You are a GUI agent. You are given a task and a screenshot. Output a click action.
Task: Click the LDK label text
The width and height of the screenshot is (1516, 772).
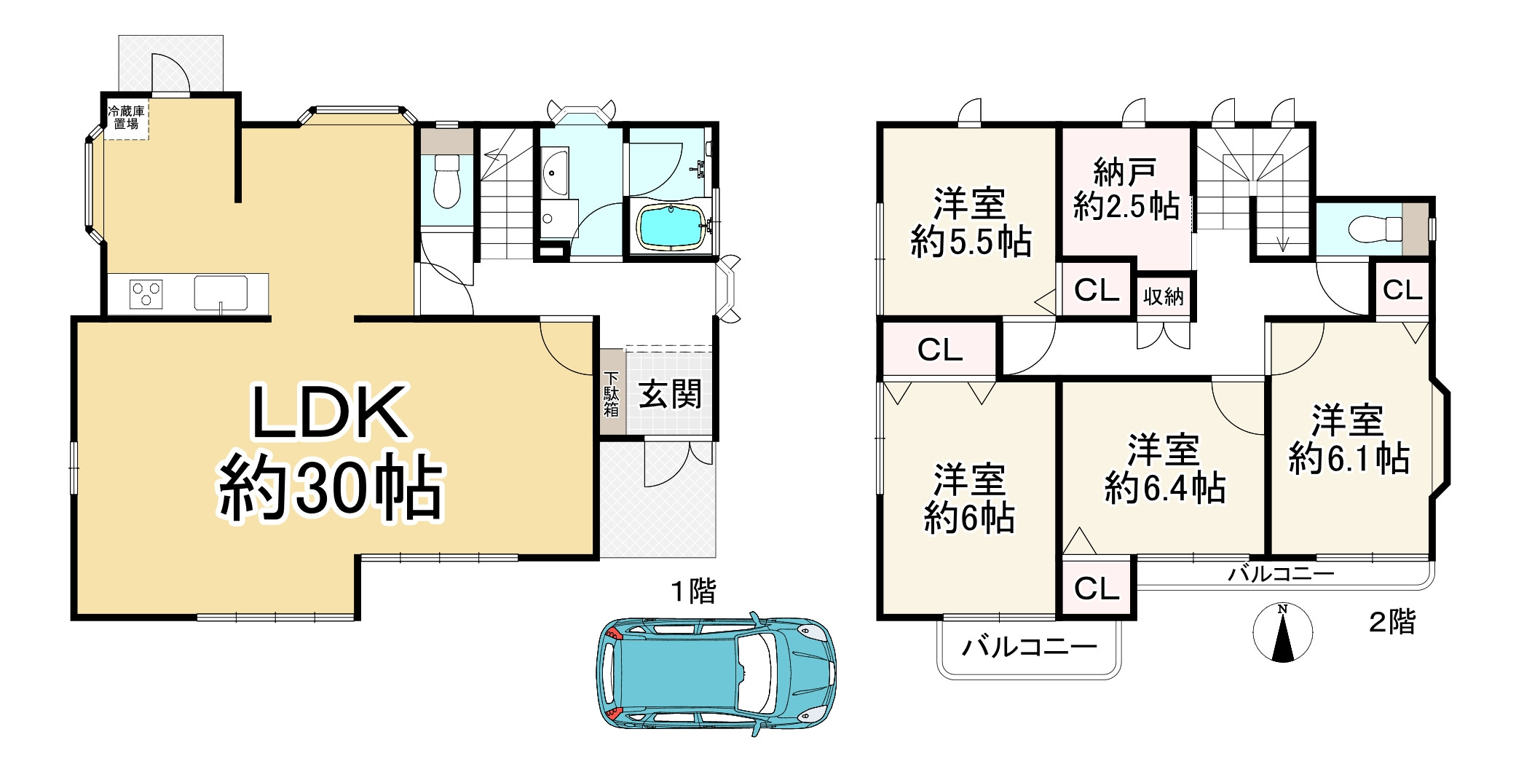[x=329, y=414]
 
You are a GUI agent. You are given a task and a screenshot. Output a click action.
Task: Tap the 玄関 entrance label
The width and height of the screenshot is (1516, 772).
[x=670, y=395]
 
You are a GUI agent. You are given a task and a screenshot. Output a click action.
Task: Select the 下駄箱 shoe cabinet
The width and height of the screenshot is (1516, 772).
[x=612, y=393]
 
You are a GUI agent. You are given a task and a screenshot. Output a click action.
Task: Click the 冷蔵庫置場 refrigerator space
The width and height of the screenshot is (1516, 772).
[x=126, y=117]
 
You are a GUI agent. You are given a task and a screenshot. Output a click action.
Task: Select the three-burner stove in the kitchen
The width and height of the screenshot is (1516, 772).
[x=146, y=294]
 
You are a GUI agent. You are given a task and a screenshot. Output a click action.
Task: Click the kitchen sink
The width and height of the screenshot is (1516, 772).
[x=221, y=293]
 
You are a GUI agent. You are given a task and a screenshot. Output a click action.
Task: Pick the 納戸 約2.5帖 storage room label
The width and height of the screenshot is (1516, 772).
[x=1126, y=191]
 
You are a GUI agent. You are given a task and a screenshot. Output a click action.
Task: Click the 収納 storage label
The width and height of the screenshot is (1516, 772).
[x=1163, y=296]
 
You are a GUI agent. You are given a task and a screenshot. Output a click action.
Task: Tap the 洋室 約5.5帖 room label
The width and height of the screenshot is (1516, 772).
[x=970, y=222]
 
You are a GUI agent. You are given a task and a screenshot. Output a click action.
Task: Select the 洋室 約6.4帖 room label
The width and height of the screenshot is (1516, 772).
[x=1164, y=470]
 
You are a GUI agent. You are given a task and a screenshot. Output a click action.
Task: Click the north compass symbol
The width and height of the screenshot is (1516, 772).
[x=1283, y=632]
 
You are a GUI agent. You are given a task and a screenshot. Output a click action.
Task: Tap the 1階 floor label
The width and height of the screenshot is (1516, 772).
[x=692, y=591]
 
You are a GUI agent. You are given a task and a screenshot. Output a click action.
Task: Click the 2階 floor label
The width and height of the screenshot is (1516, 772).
[x=1392, y=622]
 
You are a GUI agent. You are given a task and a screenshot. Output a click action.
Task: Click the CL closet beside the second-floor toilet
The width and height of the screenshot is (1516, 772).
[x=1402, y=290]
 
